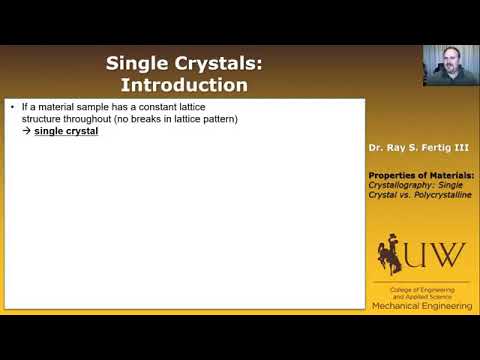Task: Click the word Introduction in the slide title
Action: pyautogui.click(x=184, y=85)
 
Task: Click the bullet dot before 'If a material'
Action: pyautogui.click(x=11, y=106)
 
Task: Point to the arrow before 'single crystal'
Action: pyautogui.click(x=26, y=131)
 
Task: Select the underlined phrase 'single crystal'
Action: pyautogui.click(x=66, y=131)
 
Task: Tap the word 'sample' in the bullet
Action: pyautogui.click(x=96, y=106)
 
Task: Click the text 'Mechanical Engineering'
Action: pyautogui.click(x=419, y=305)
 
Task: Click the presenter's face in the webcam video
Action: pyautogui.click(x=443, y=63)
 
